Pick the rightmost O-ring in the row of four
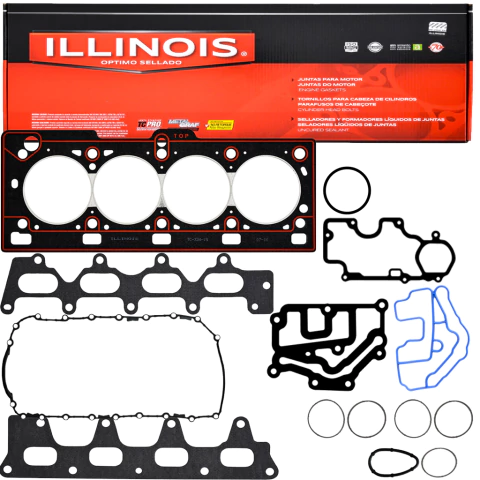pyautogui.click(x=453, y=418)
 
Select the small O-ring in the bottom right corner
pyautogui.click(x=438, y=462)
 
